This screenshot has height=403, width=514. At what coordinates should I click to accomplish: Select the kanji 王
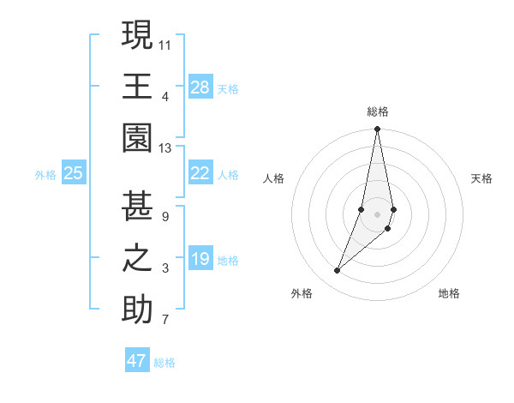pos(137,86)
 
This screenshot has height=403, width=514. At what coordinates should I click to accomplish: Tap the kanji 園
pos(137,138)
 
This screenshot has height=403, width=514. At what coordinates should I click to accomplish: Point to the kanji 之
pos(137,258)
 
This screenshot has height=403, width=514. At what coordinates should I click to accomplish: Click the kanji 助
pos(137,310)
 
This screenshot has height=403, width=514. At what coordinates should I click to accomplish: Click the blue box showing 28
pos(200,87)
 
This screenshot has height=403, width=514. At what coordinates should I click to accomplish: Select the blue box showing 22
pos(200,173)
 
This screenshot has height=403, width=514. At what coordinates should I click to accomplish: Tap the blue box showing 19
pos(200,259)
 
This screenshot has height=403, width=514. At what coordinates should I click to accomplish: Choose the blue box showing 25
pos(73,173)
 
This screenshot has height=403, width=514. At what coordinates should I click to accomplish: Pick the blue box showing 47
pos(137,361)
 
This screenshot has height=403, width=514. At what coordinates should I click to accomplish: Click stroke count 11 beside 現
pos(166,44)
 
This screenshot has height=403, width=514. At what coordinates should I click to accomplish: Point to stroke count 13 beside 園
pos(166,147)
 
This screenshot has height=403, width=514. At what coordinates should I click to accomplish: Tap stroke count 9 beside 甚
pos(165,216)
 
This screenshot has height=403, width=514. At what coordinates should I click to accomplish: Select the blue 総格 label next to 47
pos(164,363)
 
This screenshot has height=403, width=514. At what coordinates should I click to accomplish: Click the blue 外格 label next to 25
pos(45,175)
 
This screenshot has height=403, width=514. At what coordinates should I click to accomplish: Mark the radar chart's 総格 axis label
pos(378,111)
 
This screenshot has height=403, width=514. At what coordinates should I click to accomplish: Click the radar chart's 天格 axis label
pos(482,178)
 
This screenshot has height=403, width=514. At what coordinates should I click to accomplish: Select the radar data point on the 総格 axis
pos(377,129)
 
